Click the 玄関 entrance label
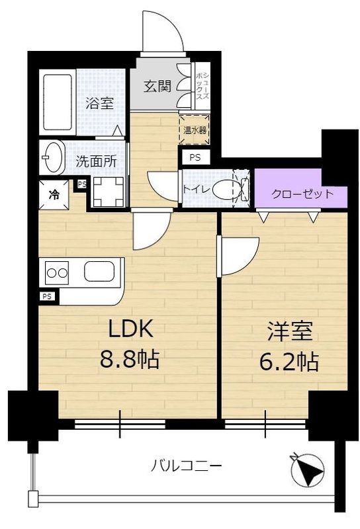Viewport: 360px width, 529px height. [157, 87]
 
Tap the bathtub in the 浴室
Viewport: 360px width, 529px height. [58, 102]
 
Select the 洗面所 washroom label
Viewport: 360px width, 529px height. [96, 161]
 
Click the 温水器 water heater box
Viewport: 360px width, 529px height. [195, 130]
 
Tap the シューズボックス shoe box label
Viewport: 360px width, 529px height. [202, 86]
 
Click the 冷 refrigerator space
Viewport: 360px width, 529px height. [54, 194]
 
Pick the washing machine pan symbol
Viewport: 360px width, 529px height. [109, 191]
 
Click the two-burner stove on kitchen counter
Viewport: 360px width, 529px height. [57, 272]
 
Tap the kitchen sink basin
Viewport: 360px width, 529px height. [99, 272]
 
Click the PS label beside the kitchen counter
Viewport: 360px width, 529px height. [47, 296]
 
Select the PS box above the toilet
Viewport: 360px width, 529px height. [195, 157]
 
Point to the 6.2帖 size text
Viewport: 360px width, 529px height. [289, 362]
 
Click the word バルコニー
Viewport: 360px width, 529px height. [187, 466]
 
